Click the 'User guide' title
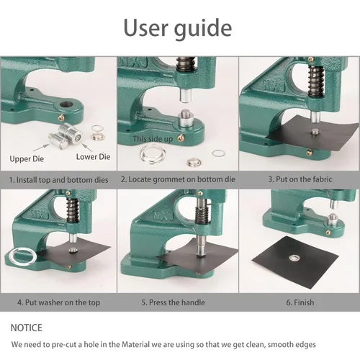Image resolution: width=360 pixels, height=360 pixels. tap(178, 28)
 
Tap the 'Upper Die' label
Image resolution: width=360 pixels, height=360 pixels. tap(27, 159)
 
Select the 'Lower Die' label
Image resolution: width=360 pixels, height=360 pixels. tap(93, 157)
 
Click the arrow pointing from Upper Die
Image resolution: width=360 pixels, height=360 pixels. tap(41, 148)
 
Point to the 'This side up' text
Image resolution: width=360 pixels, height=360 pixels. tap(153, 139)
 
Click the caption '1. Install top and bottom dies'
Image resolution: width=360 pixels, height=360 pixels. tap(58, 180)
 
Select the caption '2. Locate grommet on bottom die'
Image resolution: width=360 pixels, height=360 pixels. tap(178, 179)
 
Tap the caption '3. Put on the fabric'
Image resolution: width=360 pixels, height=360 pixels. tap(300, 179)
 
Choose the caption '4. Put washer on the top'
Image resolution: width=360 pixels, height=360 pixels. tap(58, 302)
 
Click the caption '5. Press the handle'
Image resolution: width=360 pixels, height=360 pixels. tap(173, 302)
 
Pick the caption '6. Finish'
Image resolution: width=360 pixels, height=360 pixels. tap(300, 302)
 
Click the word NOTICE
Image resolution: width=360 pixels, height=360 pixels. tap(27, 328)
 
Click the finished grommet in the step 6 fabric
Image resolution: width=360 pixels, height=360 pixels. tap(294, 258)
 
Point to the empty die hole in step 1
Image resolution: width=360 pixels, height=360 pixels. tap(66, 104)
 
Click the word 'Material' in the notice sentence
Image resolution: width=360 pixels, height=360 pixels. tap(135, 345)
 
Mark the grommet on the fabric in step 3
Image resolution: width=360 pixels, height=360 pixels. tap(315, 132)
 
